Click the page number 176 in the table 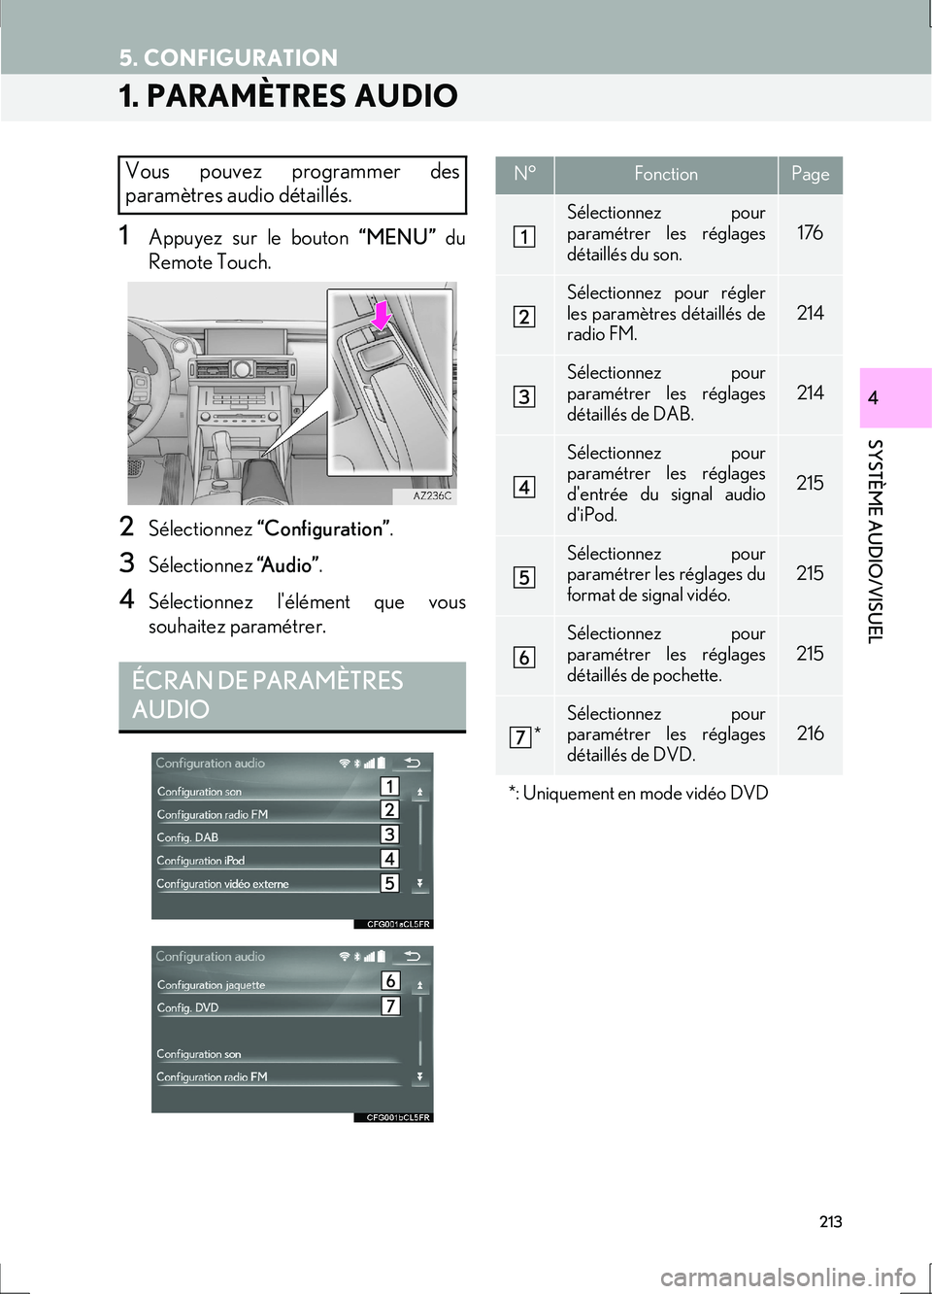pyautogui.click(x=810, y=233)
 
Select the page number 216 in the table pyautogui.click(x=810, y=733)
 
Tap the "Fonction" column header pyautogui.click(x=666, y=175)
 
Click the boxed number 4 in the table pyautogui.click(x=523, y=487)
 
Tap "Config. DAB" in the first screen pyautogui.click(x=187, y=837)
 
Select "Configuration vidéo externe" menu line pyautogui.click(x=222, y=884)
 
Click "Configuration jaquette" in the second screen pyautogui.click(x=211, y=985)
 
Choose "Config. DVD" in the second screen pyautogui.click(x=187, y=1008)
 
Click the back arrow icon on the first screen pyautogui.click(x=413, y=764)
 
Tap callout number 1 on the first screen pyautogui.click(x=389, y=787)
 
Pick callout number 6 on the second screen pyautogui.click(x=390, y=981)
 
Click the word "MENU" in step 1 pyautogui.click(x=398, y=238)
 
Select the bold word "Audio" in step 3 pyautogui.click(x=287, y=565)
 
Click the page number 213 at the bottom pyautogui.click(x=830, y=1222)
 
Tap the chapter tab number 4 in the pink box pyautogui.click(x=873, y=398)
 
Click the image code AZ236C pyautogui.click(x=432, y=495)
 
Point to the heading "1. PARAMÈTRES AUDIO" pyautogui.click(x=288, y=96)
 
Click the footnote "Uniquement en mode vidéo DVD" pyautogui.click(x=645, y=794)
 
